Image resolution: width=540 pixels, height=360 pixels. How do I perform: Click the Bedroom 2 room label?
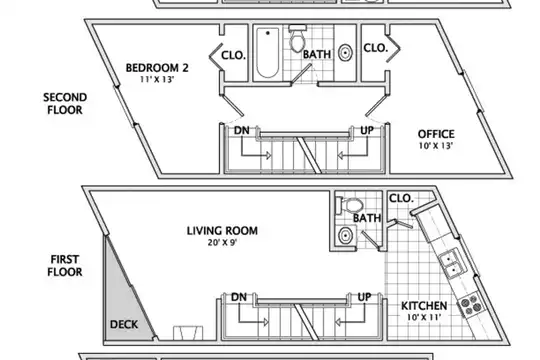157,68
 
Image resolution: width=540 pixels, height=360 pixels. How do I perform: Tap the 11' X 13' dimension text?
157,80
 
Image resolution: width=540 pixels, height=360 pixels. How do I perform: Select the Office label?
436,134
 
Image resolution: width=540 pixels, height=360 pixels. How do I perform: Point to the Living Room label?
222,231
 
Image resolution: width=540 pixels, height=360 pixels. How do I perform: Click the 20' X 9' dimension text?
222,243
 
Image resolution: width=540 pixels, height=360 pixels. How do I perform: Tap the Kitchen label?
424,306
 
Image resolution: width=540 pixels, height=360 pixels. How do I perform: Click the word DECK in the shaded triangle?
124,325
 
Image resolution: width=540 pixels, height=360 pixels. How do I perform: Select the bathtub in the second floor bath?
268,53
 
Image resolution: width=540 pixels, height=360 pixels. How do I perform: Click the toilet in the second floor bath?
298,39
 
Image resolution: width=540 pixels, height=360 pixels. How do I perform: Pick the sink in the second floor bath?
345,53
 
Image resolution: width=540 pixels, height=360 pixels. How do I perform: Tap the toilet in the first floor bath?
350,206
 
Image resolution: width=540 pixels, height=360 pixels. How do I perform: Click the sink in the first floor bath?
345,236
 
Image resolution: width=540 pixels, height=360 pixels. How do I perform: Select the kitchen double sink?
451,264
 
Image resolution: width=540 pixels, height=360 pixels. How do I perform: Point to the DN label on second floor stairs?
242,131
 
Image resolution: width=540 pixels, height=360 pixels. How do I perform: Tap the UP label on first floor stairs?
364,297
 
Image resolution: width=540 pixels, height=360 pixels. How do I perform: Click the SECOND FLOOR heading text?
65,104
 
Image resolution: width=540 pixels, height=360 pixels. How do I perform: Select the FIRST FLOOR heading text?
65,266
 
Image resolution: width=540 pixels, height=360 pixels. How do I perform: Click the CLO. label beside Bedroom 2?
233,55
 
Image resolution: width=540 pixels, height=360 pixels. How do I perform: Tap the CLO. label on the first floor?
401,198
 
